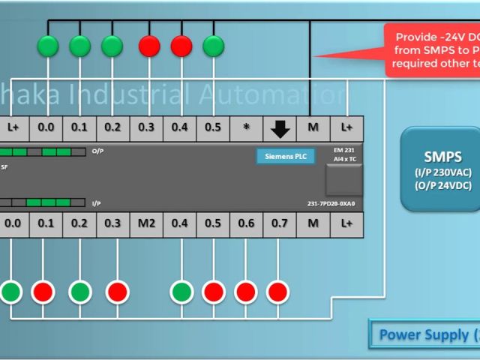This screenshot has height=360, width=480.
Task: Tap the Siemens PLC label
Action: click(x=285, y=157)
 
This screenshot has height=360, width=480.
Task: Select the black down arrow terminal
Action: click(x=280, y=128)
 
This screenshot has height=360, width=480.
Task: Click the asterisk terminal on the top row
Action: click(x=247, y=128)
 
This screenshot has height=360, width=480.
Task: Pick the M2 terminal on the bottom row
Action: click(x=147, y=223)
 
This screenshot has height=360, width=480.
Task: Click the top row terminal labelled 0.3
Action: click(x=147, y=128)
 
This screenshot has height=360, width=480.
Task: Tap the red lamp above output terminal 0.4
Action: click(x=181, y=46)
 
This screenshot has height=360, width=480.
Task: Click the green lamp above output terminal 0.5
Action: click(x=214, y=46)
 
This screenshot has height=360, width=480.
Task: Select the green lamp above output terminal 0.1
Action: click(x=79, y=46)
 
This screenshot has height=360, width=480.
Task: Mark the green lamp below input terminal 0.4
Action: click(x=181, y=291)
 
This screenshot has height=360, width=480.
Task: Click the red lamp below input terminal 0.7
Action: click(x=278, y=291)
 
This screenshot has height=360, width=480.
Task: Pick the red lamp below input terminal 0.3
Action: click(x=117, y=291)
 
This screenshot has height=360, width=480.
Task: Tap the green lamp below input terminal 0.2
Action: click(x=80, y=291)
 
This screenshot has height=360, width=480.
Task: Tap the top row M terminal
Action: click(x=313, y=128)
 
